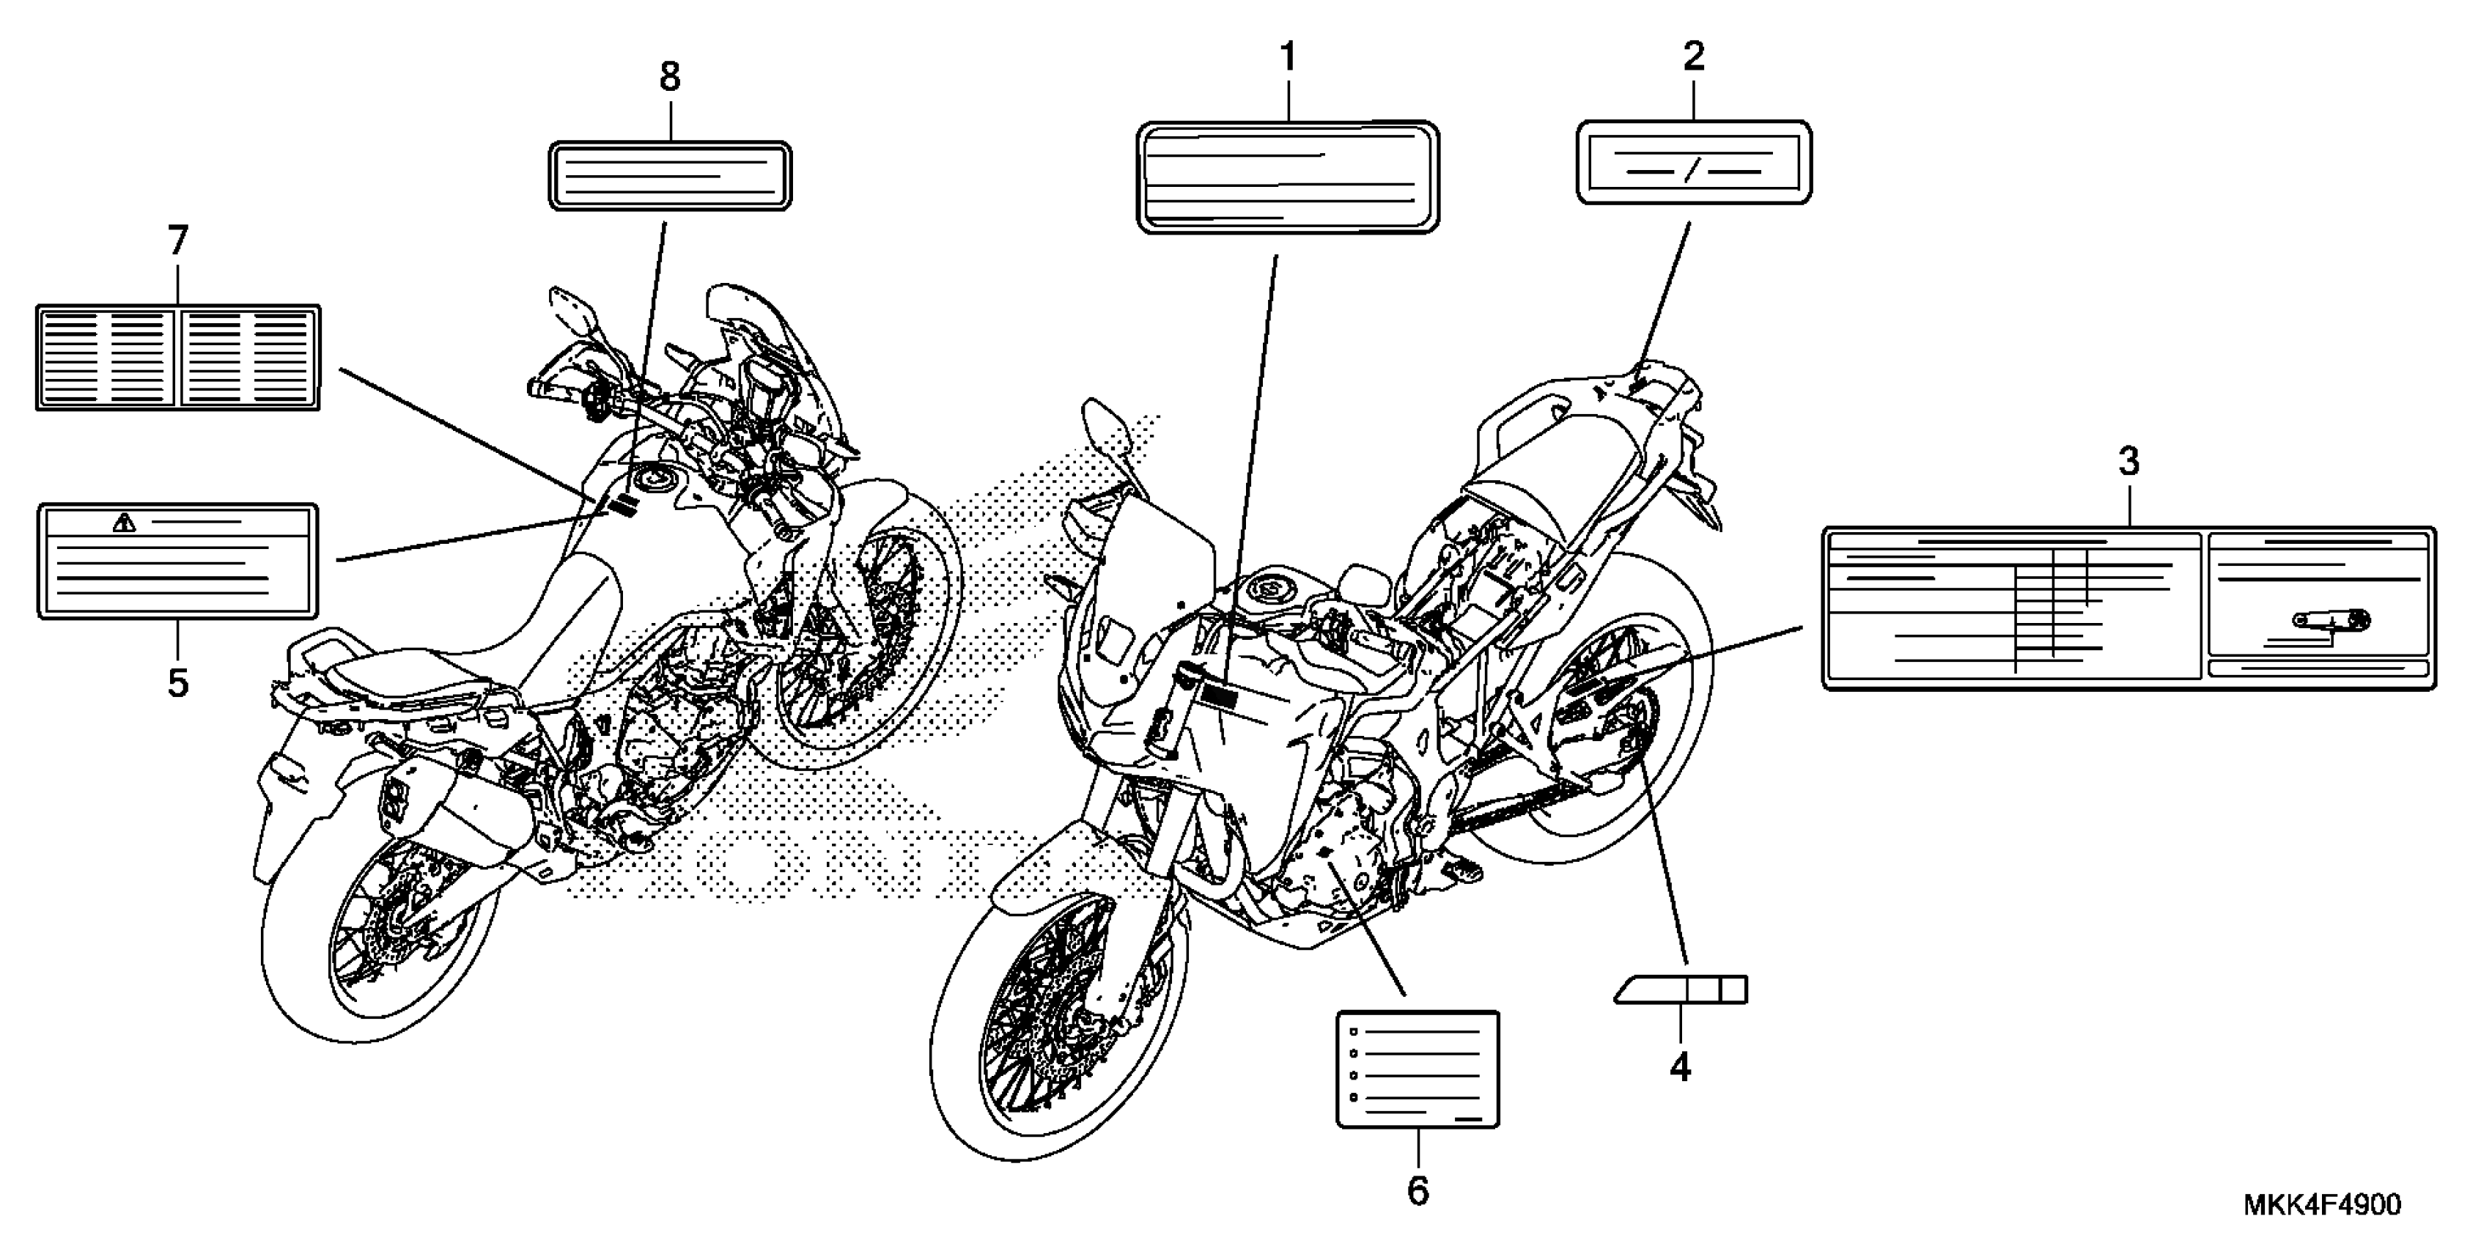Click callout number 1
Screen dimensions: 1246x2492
tap(1288, 58)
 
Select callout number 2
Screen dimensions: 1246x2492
tap(1693, 57)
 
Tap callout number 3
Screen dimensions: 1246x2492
tap(2128, 462)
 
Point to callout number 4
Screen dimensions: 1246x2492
tap(1681, 1066)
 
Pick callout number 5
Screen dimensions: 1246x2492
tap(178, 682)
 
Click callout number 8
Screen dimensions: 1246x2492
tap(669, 76)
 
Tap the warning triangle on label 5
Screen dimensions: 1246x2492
tap(124, 523)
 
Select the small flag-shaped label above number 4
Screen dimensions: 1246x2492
tap(1682, 989)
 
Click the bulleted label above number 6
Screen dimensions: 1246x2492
tap(1418, 1069)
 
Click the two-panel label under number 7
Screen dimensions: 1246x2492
tap(178, 357)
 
